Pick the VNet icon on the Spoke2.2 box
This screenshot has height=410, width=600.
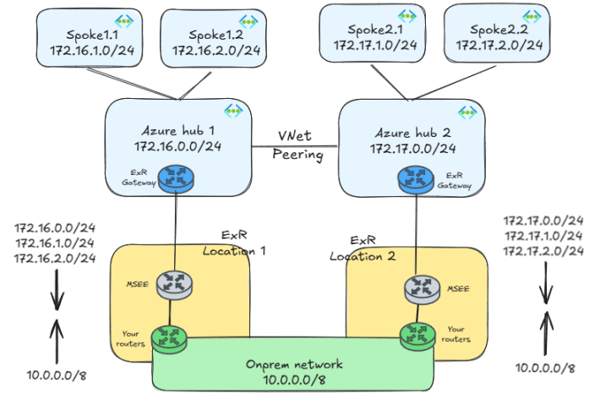[x=531, y=18]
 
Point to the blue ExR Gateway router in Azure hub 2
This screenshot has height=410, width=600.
[x=415, y=178]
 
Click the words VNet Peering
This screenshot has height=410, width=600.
[x=297, y=145]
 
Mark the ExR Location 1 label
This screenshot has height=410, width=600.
[x=234, y=243]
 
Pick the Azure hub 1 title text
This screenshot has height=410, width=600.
[x=177, y=131]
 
